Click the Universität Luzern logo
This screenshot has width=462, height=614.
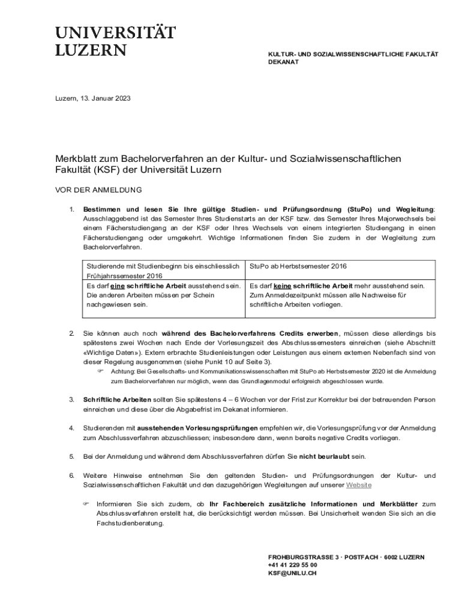click(115, 41)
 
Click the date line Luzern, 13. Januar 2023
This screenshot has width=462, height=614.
click(93, 98)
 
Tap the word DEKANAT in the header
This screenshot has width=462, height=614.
click(283, 62)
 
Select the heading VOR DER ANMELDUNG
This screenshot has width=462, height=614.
click(98, 190)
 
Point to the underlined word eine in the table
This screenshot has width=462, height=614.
click(117, 286)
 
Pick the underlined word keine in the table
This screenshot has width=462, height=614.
click(282, 286)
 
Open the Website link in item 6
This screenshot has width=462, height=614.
click(359, 484)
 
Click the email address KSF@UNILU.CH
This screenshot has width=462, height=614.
click(292, 573)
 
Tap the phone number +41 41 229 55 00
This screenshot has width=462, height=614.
click(293, 565)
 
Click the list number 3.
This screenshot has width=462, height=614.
click(71, 399)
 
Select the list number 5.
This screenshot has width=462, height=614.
click(71, 456)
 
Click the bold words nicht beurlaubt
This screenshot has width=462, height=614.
click(325, 456)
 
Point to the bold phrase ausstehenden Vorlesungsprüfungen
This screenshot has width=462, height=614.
click(197, 428)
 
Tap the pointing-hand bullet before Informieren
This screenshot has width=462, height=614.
click(86, 504)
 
